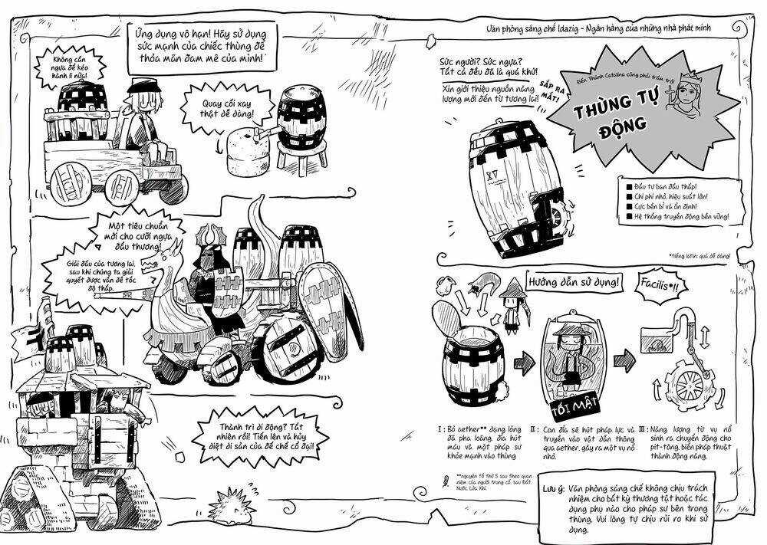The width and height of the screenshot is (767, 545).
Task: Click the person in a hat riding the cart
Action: click(x=144, y=115)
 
